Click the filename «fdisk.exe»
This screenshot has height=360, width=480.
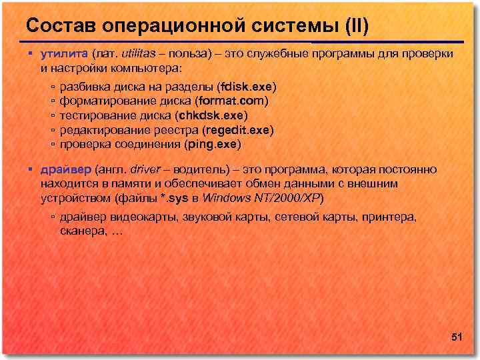tap(249, 87)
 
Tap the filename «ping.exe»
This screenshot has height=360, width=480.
tap(213, 143)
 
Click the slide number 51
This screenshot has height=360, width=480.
tap(457, 338)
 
